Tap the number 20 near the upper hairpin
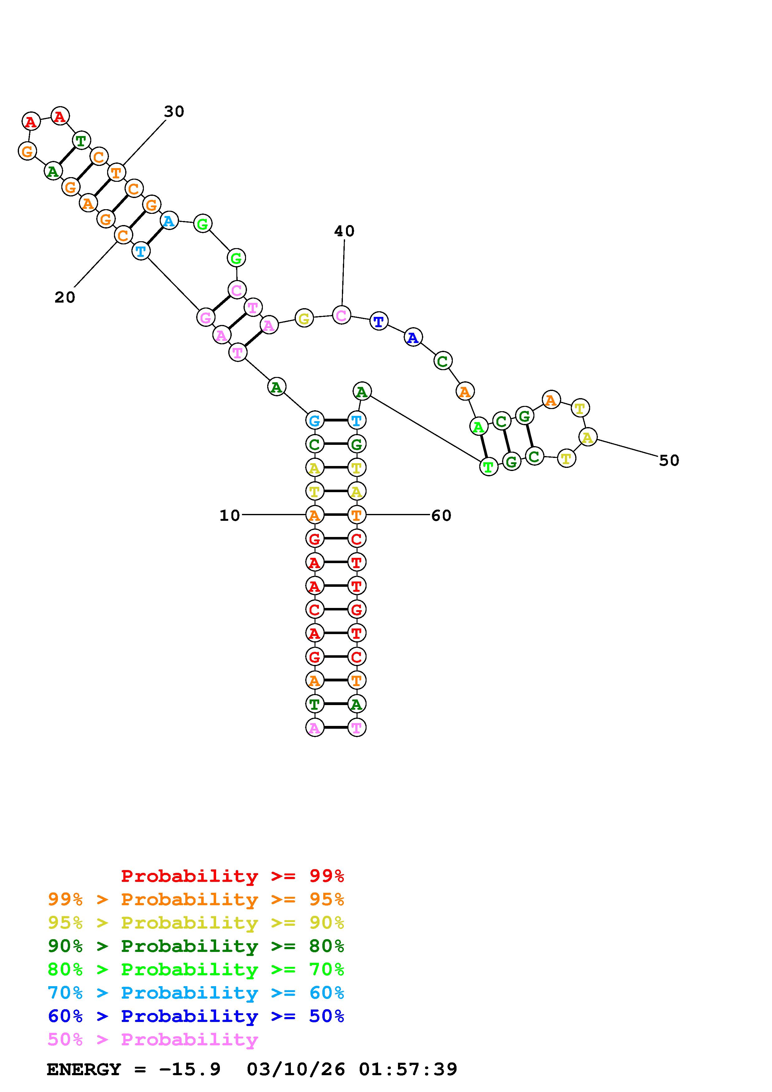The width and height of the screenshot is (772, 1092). pos(65,297)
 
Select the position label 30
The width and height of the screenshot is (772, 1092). pos(174,112)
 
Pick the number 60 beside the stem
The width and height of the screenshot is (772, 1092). pos(441,515)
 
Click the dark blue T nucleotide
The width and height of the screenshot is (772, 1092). pos(379,322)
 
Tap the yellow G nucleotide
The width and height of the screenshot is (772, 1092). pos(304,318)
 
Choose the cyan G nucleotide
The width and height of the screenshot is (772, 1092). pos(315,421)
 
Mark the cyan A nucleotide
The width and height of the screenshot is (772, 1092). pos(169,221)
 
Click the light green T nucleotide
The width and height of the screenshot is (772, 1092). pos(488,467)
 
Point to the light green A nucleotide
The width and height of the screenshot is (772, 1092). pos(479,427)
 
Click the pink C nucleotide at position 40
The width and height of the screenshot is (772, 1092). pos(341,315)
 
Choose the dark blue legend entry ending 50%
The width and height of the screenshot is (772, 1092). pos(196,1016)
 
